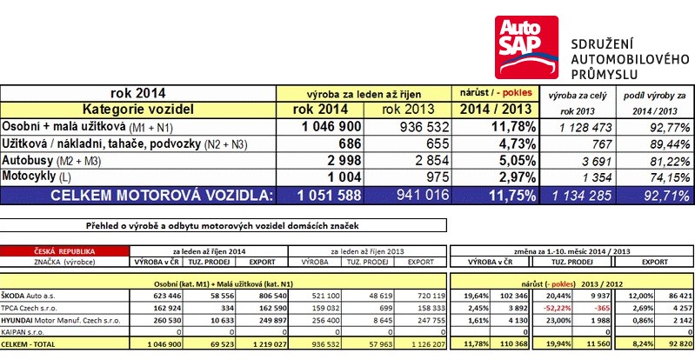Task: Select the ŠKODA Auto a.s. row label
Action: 31,296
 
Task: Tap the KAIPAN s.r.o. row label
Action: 25,332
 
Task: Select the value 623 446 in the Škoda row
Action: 157,296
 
